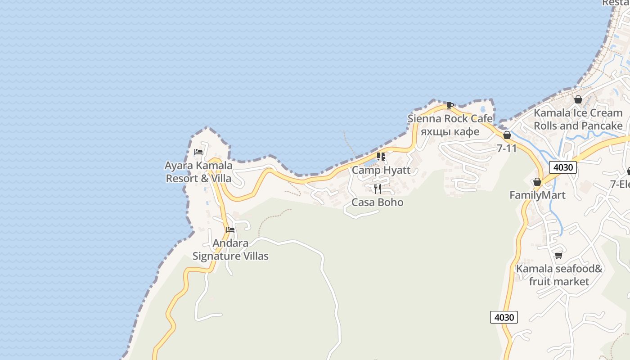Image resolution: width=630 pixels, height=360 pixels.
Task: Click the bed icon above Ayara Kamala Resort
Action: click(x=198, y=152)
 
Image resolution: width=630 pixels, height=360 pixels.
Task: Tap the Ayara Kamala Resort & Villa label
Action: click(x=198, y=172)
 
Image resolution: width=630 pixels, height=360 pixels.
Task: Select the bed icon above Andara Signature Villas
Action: click(x=230, y=230)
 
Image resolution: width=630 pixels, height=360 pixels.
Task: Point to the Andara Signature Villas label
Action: click(x=230, y=250)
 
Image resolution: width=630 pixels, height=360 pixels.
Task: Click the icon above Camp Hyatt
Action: click(x=381, y=157)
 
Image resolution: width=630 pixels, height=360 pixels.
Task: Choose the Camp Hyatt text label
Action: click(x=381, y=170)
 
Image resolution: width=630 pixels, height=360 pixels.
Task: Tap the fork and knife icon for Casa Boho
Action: click(x=378, y=189)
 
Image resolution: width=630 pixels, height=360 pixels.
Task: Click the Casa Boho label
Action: click(x=378, y=202)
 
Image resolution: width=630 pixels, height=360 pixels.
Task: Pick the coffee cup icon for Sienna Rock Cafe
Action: click(x=450, y=105)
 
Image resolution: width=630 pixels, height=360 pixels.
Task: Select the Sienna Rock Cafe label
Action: click(x=450, y=119)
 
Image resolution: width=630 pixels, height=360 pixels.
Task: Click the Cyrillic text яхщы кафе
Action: click(x=450, y=131)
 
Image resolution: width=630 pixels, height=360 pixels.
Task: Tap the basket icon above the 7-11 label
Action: click(x=507, y=135)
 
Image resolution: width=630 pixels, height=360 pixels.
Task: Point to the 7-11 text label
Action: click(x=507, y=148)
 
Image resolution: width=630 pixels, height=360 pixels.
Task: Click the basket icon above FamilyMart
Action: click(x=537, y=182)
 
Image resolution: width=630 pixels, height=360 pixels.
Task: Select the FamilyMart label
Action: click(x=537, y=195)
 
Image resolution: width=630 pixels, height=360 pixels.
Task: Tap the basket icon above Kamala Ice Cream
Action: click(x=578, y=99)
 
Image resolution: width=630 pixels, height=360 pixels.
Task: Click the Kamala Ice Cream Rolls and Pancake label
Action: click(x=578, y=119)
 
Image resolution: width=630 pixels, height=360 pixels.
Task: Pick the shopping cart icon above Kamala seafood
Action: click(x=559, y=255)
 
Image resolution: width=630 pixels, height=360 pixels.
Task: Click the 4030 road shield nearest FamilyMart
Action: click(x=563, y=167)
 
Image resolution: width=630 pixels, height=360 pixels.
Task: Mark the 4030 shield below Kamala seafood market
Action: click(x=504, y=317)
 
